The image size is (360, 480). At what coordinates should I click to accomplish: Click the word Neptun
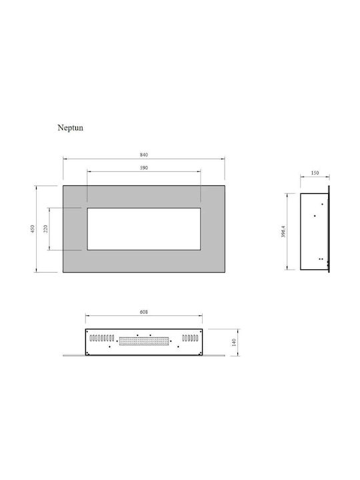click(x=71, y=127)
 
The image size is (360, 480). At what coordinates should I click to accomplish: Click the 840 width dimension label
click(x=144, y=155)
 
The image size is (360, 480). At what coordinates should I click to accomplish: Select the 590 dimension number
click(x=144, y=168)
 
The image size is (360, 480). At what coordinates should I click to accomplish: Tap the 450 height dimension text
click(x=33, y=229)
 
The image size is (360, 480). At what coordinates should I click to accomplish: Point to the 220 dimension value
click(x=45, y=229)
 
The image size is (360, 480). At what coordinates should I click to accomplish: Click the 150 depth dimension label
click(x=315, y=173)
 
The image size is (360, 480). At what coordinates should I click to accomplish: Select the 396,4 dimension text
click(x=283, y=231)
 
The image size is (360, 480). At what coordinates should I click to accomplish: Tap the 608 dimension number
click(x=143, y=312)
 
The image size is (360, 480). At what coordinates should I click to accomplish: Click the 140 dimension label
click(x=234, y=342)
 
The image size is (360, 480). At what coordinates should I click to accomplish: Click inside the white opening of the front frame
click(x=144, y=229)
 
